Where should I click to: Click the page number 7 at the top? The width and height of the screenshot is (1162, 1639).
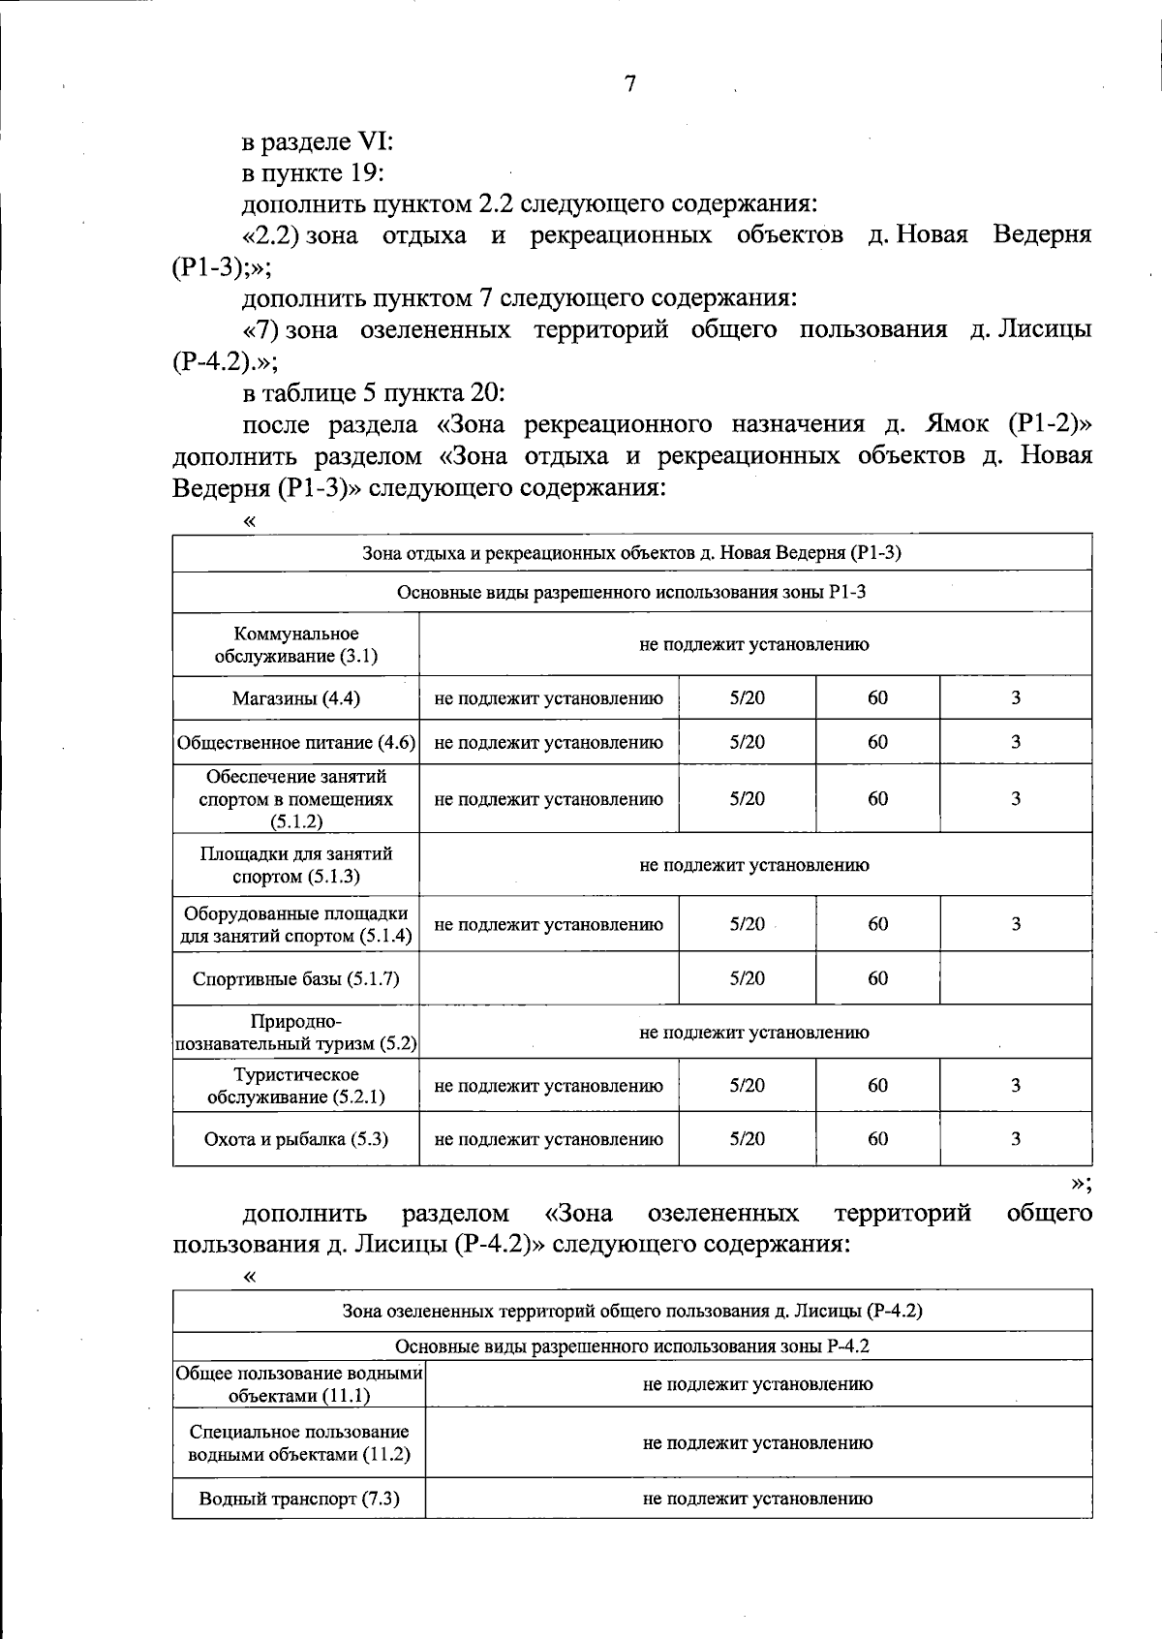point(630,84)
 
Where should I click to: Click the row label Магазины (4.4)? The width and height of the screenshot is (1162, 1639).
point(295,698)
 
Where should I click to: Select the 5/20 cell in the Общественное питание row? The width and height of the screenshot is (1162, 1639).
point(747,742)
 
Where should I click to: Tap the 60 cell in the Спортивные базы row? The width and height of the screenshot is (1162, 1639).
point(877,978)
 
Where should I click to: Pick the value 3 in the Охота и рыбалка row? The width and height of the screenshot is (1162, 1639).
point(1016,1139)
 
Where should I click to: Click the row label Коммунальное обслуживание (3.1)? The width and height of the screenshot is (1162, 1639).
point(295,644)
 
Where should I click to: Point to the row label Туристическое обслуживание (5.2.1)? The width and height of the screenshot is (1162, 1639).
point(295,1086)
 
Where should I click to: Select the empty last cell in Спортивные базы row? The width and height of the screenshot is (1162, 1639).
point(1016,978)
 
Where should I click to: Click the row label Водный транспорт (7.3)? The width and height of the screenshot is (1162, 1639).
point(299,1499)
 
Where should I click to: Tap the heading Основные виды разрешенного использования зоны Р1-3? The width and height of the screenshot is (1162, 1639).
point(631,592)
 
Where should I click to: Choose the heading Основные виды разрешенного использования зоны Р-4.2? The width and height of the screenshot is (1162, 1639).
point(631,1346)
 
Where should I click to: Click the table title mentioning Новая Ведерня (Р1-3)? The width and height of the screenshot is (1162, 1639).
point(631,553)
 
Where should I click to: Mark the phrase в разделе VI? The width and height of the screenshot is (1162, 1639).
point(317,141)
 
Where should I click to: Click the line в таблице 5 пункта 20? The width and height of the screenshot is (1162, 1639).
point(374,392)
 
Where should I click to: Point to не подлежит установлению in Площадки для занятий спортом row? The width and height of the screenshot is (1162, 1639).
point(754,865)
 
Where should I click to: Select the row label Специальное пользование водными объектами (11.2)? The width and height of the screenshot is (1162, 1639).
point(299,1442)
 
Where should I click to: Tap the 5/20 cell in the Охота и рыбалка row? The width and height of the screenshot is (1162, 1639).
point(747,1139)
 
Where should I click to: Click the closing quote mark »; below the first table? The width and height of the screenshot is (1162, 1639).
point(1082,1183)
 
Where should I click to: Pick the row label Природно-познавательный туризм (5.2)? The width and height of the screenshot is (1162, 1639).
point(295,1033)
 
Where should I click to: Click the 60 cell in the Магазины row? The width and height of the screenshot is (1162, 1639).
point(877,698)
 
